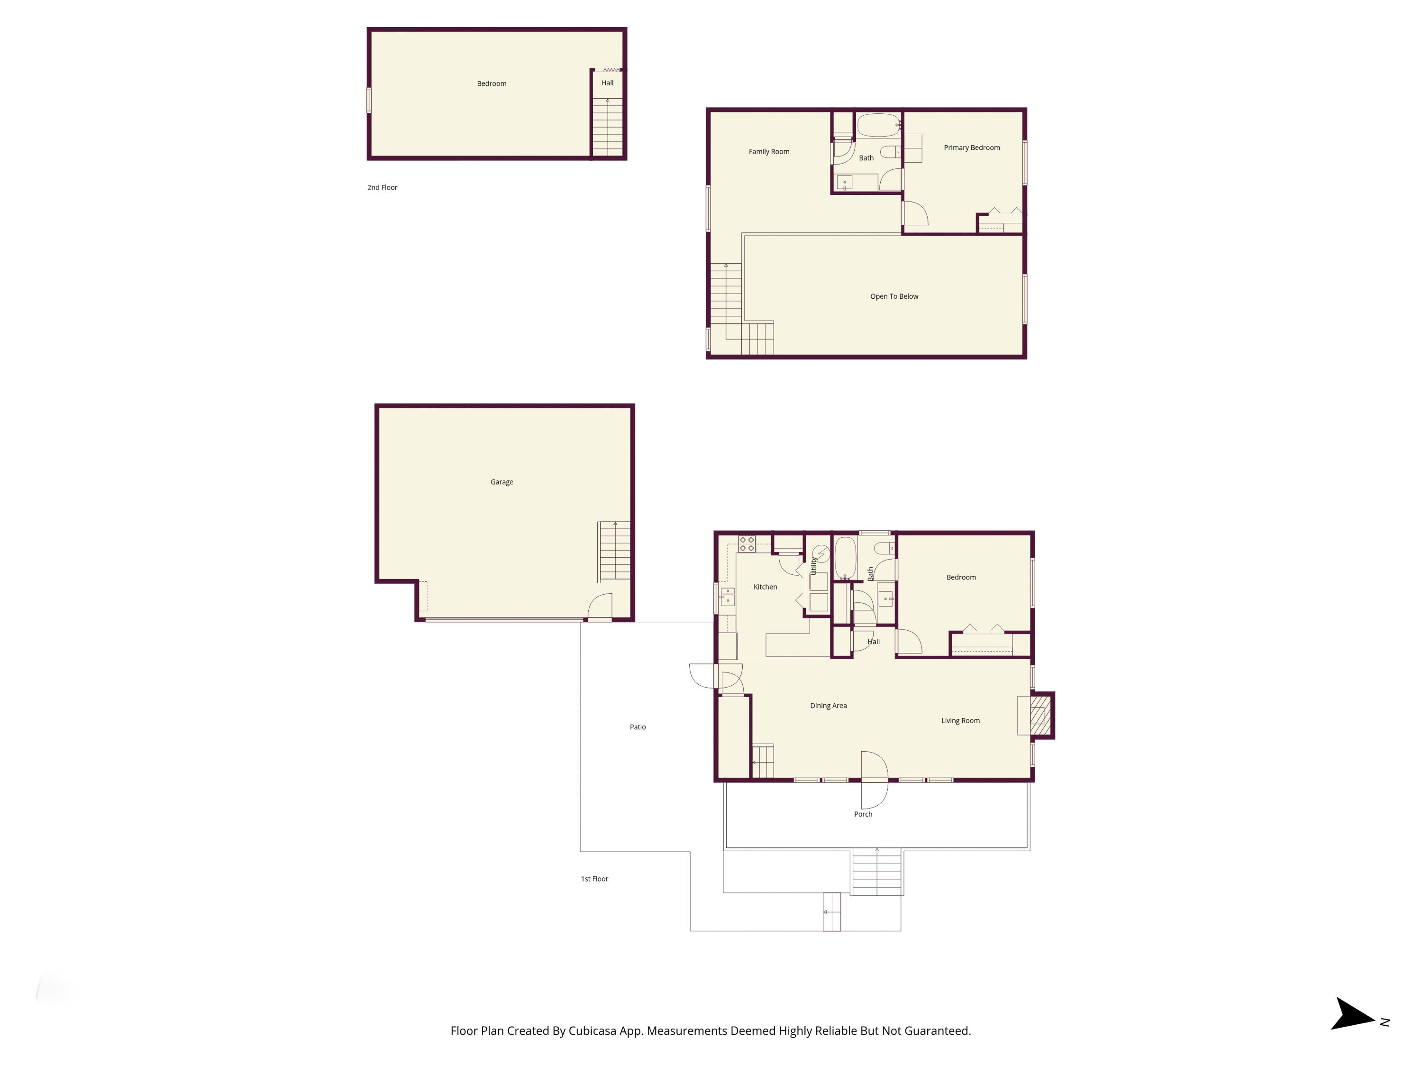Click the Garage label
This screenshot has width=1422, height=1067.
coord(501,482)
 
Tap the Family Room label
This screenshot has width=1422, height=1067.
coord(769,152)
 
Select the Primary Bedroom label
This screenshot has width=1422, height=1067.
coord(971,148)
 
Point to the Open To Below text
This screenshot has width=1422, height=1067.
coord(893,296)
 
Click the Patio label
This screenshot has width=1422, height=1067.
coord(637,727)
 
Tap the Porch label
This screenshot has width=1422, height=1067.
coord(863,814)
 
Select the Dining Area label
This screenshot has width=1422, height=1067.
coord(828,706)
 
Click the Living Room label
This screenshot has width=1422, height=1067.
coord(960,720)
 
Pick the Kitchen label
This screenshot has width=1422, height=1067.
coord(765,587)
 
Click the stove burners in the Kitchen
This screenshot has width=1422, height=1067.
coord(747,544)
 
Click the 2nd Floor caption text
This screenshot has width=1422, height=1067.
coord(382,188)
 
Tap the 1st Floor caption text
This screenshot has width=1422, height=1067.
coord(594,879)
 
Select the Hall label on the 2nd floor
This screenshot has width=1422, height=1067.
coord(607,83)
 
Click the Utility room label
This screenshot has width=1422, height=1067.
coord(814,566)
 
